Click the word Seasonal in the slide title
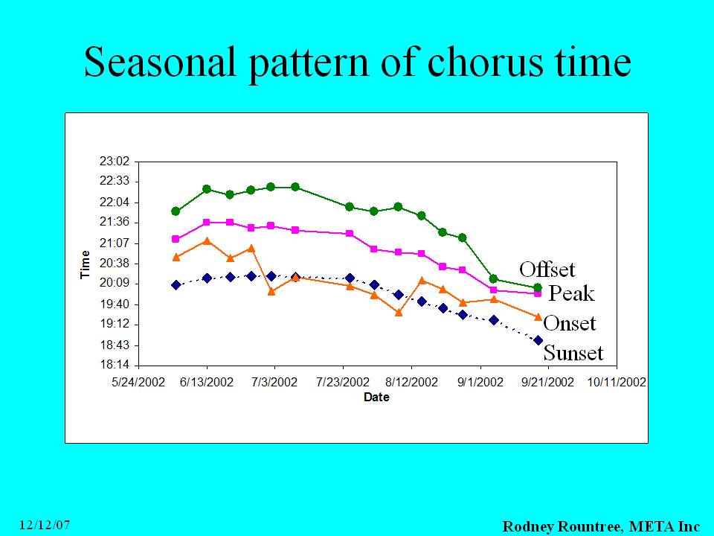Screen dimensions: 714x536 pyautogui.click(x=161, y=62)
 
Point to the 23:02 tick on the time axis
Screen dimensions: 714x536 pyautogui.click(x=115, y=162)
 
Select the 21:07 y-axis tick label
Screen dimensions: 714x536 pyautogui.click(x=115, y=243)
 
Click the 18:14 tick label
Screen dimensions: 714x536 pyautogui.click(x=115, y=365)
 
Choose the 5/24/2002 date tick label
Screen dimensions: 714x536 pyautogui.click(x=138, y=382)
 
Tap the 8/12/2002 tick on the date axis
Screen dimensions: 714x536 pyautogui.click(x=411, y=382)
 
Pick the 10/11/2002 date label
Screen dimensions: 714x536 pyautogui.click(x=617, y=382)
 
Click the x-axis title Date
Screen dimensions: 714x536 pyautogui.click(x=376, y=398)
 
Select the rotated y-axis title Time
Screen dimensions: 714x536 pyautogui.click(x=85, y=264)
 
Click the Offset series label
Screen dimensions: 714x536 pyautogui.click(x=547, y=269)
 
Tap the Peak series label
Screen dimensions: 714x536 pyautogui.click(x=571, y=293)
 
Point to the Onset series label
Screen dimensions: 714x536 pyautogui.click(x=570, y=323)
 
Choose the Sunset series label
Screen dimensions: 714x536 pyautogui.click(x=573, y=353)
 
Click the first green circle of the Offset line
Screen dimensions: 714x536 pyautogui.click(x=176, y=211)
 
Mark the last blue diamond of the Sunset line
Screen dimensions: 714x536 pyautogui.click(x=538, y=340)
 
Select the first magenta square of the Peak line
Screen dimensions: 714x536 pyautogui.click(x=176, y=239)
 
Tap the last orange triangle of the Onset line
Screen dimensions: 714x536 pyautogui.click(x=538, y=316)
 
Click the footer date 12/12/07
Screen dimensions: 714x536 pyautogui.click(x=45, y=525)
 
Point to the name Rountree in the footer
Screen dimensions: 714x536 pyautogui.click(x=588, y=526)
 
